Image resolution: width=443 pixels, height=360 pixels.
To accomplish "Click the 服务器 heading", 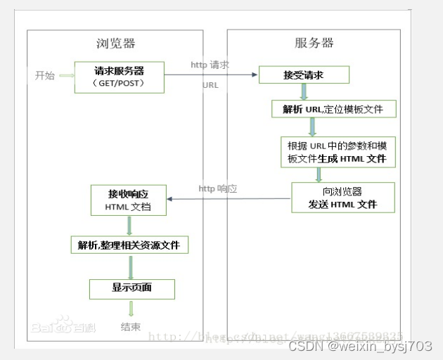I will (x=314, y=43).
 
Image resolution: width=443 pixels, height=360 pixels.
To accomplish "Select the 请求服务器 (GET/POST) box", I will (x=119, y=77).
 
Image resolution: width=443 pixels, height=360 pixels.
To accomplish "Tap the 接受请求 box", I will (x=303, y=75).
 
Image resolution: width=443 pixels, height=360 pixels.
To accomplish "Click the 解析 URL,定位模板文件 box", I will (x=334, y=109).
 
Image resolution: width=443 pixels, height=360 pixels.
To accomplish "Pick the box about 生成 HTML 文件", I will (x=337, y=153).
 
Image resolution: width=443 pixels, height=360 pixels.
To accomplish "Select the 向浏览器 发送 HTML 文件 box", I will (x=342, y=198).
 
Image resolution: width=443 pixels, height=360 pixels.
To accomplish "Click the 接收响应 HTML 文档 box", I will (x=128, y=200).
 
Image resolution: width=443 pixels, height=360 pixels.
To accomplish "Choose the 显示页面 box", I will (x=131, y=288).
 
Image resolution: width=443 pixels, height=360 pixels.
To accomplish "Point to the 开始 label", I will (x=44, y=76).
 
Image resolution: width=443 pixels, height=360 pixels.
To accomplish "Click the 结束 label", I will (x=131, y=326).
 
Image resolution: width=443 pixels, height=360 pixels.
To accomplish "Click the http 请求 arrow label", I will (x=210, y=65).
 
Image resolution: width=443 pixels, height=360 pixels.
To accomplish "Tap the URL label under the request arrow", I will (x=210, y=85).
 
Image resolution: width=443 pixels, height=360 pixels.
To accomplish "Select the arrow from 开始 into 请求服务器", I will (x=66, y=76).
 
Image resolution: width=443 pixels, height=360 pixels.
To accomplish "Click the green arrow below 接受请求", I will (x=304, y=91).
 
